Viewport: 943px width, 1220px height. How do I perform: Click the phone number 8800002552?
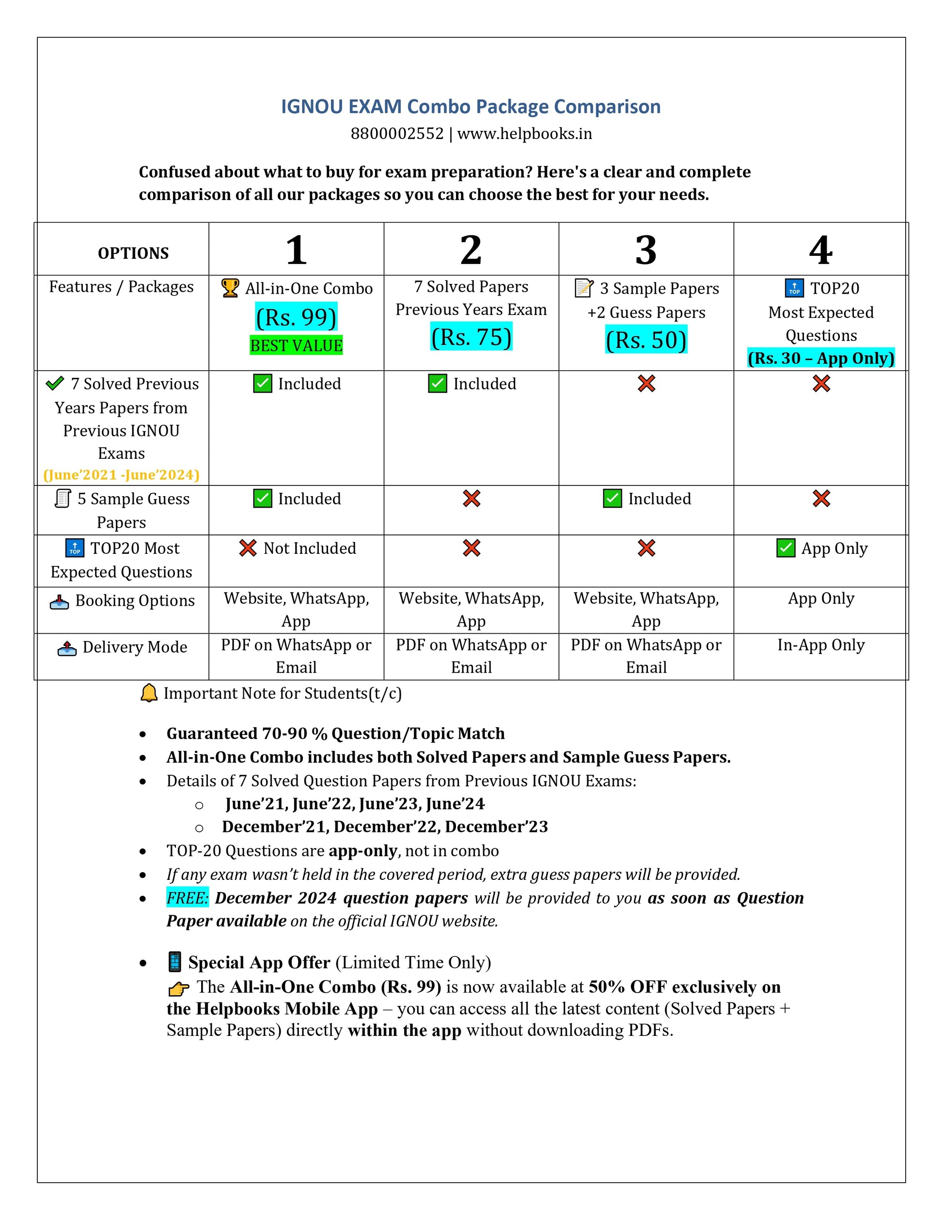(397, 134)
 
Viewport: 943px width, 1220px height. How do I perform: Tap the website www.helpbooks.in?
(525, 134)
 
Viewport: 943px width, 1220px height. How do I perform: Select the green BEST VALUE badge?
(296, 346)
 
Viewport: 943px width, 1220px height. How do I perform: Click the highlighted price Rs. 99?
(296, 317)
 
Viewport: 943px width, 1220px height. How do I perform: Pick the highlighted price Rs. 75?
(471, 337)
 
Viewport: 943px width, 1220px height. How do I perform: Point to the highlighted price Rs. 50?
(646, 340)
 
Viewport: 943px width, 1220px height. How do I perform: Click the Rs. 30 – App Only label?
(821, 358)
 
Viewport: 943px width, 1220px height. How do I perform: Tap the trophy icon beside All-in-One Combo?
(230, 288)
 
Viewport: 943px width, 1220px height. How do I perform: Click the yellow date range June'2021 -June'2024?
(121, 475)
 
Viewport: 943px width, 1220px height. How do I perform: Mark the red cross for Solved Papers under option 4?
(821, 384)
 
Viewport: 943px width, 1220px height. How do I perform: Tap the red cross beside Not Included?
(248, 548)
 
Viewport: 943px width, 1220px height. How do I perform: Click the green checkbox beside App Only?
(786, 548)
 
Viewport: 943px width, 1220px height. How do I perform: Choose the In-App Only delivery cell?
(821, 645)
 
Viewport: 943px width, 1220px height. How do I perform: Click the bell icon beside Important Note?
(149, 693)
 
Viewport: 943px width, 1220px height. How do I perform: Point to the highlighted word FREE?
(187, 898)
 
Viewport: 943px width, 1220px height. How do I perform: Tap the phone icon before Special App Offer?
(175, 962)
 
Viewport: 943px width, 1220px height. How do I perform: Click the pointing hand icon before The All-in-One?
(178, 989)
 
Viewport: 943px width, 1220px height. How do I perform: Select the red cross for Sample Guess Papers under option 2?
(471, 498)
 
